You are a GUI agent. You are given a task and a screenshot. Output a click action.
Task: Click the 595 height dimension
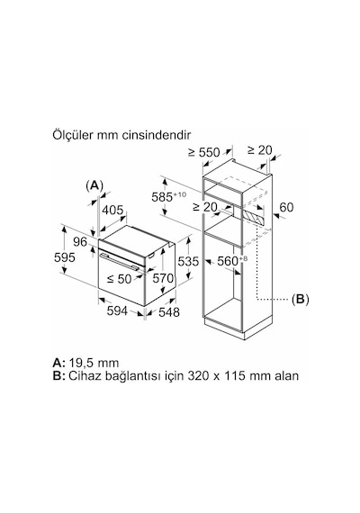pos(65,257)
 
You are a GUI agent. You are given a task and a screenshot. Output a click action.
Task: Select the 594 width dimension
pos(117,310)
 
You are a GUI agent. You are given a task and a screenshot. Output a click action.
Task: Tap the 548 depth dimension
pos(169,312)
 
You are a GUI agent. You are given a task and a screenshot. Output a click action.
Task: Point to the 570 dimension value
pos(163,278)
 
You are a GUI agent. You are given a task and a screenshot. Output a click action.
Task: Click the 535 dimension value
pos(188,261)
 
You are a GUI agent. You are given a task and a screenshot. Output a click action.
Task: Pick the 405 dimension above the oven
pos(112,210)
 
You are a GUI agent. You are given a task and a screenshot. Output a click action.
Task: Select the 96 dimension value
pos(80,242)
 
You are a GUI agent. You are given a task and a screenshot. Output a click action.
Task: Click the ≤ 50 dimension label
pos(120,279)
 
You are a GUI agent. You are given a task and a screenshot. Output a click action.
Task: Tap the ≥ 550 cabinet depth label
pos(203,152)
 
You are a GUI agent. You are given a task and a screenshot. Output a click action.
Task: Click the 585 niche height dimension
pos(169,196)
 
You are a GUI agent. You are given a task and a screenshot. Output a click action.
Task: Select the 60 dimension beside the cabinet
pos(286,207)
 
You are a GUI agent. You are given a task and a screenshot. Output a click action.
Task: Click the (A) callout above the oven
pos(94,185)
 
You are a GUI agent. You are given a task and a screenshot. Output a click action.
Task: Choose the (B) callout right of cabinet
pos(300,299)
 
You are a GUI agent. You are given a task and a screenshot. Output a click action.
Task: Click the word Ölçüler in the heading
pos(72,135)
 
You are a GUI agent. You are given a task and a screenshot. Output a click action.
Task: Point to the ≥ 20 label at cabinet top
pos(260,150)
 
